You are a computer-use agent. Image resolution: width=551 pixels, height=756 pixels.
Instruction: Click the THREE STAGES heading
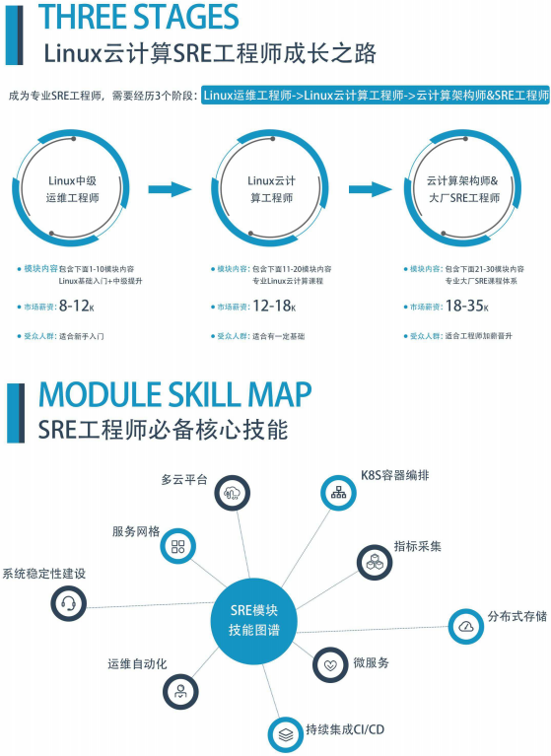139,17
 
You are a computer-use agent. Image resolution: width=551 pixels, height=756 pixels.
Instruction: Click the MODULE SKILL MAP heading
175,395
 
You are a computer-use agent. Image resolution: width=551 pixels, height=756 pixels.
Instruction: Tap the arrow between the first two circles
171,189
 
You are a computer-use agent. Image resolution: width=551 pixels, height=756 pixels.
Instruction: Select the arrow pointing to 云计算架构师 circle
371,189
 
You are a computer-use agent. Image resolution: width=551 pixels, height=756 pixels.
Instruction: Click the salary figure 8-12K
77,306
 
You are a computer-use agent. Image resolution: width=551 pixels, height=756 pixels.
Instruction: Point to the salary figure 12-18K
274,306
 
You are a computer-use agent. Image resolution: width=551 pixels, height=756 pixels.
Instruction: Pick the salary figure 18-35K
467,306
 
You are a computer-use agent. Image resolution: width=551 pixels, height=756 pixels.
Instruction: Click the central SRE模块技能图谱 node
254,621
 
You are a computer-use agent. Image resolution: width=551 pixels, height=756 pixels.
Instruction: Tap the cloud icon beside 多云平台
233,493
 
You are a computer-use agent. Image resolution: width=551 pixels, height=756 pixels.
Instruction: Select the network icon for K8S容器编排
338,492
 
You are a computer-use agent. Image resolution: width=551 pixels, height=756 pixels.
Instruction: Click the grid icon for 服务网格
177,546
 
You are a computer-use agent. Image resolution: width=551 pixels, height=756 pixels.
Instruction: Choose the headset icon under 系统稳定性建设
68,603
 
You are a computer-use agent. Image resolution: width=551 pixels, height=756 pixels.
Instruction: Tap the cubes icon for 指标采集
375,562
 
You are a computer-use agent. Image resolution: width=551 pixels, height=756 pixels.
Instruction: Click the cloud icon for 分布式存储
466,626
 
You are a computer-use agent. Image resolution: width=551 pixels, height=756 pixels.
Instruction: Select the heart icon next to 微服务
330,665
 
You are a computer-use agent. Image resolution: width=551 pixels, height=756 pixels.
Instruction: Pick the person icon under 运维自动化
180,692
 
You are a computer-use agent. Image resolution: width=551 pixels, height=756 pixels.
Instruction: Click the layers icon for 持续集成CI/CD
286,734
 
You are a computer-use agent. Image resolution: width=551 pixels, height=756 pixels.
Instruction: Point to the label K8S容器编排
395,475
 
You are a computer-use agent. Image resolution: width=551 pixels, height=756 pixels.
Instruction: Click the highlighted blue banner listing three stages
376,95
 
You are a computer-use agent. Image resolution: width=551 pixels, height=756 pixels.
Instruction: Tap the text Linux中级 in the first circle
72,180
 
